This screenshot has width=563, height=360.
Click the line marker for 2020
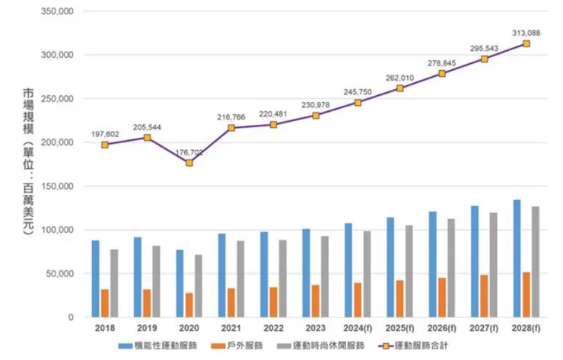[x=189, y=163]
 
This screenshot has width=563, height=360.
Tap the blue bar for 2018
[x=96, y=279]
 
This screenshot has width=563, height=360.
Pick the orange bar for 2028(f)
[x=526, y=295]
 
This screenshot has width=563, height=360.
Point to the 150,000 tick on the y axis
[x=56, y=186]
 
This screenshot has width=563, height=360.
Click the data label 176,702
[x=189, y=152]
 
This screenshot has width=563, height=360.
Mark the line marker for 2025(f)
[x=399, y=88]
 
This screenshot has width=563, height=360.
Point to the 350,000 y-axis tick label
[x=56, y=12]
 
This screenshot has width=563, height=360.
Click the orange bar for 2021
[x=231, y=302]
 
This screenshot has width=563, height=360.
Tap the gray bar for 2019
[x=155, y=281]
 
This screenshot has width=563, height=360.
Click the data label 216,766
[x=232, y=117]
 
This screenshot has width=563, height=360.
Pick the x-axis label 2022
[x=273, y=329]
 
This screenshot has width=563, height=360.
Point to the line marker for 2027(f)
[x=484, y=59]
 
